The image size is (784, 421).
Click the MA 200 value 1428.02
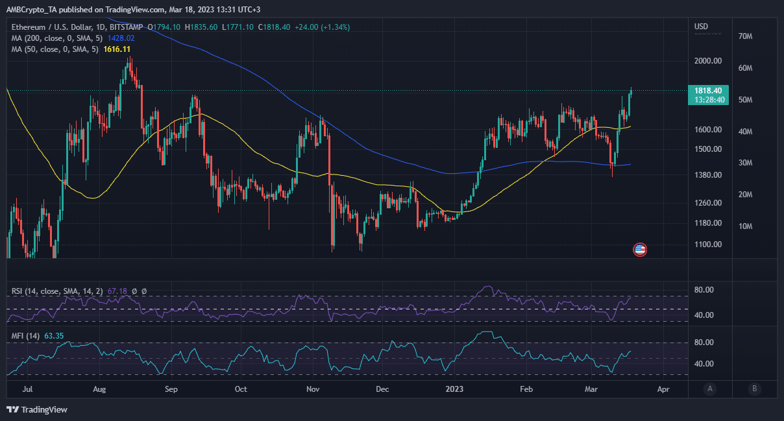[x=121, y=38]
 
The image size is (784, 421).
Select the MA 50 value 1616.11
[x=117, y=49]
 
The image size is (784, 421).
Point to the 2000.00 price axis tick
[x=708, y=61]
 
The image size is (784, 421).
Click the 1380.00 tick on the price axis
[x=708, y=175]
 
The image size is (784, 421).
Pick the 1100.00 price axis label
[x=708, y=245]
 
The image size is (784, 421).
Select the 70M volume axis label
[x=745, y=37]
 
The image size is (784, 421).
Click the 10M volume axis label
[x=745, y=226]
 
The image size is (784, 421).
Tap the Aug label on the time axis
[x=99, y=390]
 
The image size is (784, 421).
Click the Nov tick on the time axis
[x=313, y=390]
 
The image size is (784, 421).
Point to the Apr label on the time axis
[x=663, y=390]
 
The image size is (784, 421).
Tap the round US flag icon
[x=640, y=250]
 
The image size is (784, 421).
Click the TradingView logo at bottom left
[x=37, y=409]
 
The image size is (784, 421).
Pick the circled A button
[x=711, y=389]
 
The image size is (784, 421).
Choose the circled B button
[x=754, y=389]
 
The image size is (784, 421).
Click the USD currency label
[x=702, y=27]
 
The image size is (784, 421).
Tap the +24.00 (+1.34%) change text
[x=322, y=27]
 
